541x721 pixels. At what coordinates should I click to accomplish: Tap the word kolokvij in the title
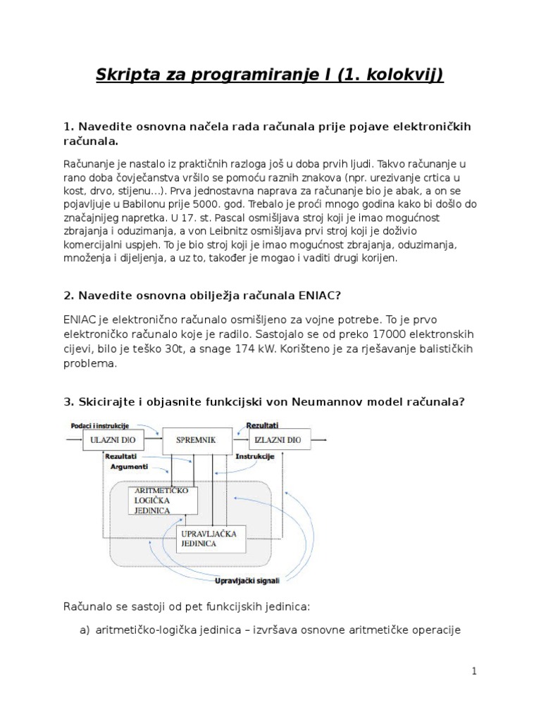(x=405, y=75)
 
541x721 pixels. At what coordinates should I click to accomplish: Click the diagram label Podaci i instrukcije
(x=100, y=425)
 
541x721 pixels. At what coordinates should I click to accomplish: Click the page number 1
(x=475, y=671)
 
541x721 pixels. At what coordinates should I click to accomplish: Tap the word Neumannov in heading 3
(x=342, y=401)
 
